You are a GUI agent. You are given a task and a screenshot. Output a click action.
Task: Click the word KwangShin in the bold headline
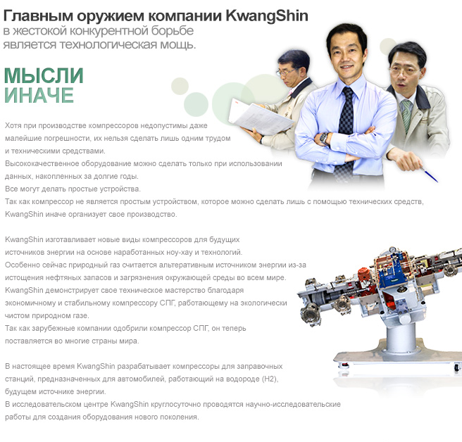(x=267, y=16)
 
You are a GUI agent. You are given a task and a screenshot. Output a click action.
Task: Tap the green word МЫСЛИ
(x=44, y=76)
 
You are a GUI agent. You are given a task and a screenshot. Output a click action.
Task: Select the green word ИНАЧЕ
(x=39, y=95)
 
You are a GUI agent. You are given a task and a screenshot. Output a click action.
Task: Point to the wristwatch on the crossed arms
(x=324, y=139)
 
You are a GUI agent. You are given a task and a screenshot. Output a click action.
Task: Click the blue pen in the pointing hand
(x=429, y=175)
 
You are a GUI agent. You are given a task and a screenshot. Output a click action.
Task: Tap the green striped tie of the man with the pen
(x=407, y=115)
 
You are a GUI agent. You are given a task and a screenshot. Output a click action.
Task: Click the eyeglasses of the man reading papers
(x=285, y=72)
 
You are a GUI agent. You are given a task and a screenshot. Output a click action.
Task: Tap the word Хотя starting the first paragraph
(x=13, y=126)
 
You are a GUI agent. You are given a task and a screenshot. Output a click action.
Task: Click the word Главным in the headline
(x=38, y=16)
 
